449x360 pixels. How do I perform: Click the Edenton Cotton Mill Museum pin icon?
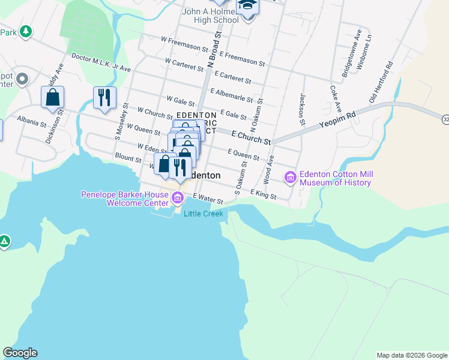click(x=291, y=176)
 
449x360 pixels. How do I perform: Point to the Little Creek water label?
click(x=203, y=214)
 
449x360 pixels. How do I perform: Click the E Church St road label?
click(x=250, y=138)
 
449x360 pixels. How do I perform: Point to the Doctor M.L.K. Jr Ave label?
click(x=101, y=62)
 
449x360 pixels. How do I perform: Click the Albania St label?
click(x=32, y=122)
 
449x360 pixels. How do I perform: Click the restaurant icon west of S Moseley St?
click(x=104, y=97)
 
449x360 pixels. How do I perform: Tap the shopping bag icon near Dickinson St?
click(x=52, y=97)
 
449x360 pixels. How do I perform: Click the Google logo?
click(x=20, y=353)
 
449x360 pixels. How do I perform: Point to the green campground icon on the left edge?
click(x=4, y=242)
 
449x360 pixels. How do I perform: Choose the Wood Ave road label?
click(x=268, y=170)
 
